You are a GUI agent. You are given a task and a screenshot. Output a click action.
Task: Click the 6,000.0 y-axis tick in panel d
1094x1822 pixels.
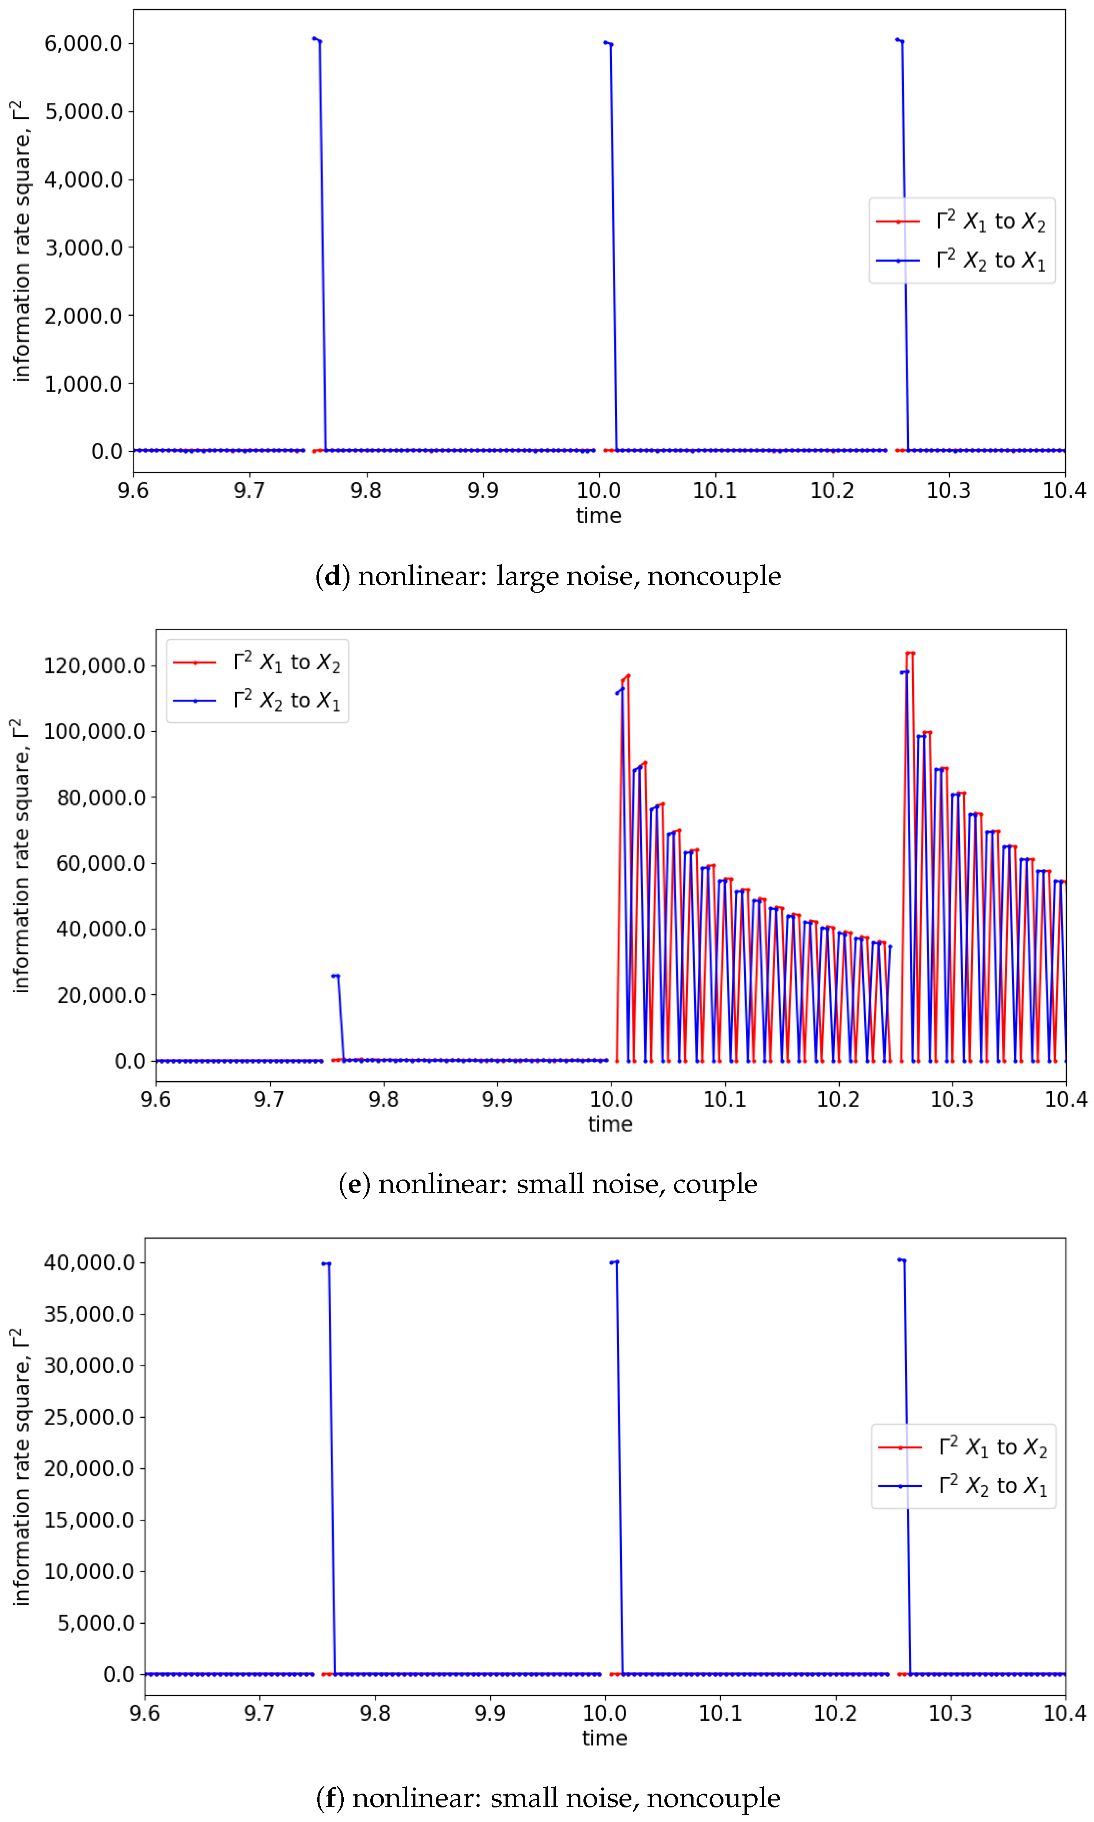82,43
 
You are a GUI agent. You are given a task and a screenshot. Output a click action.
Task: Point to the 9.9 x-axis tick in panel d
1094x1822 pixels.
482,490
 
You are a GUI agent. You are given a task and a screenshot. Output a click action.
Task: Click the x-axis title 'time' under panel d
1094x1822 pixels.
599,515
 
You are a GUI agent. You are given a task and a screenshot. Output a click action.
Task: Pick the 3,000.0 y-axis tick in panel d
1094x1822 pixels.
82,248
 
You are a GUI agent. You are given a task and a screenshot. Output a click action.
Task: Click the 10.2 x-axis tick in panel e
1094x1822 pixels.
838,1100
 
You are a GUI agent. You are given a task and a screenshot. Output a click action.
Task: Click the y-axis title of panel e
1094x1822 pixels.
21,855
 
